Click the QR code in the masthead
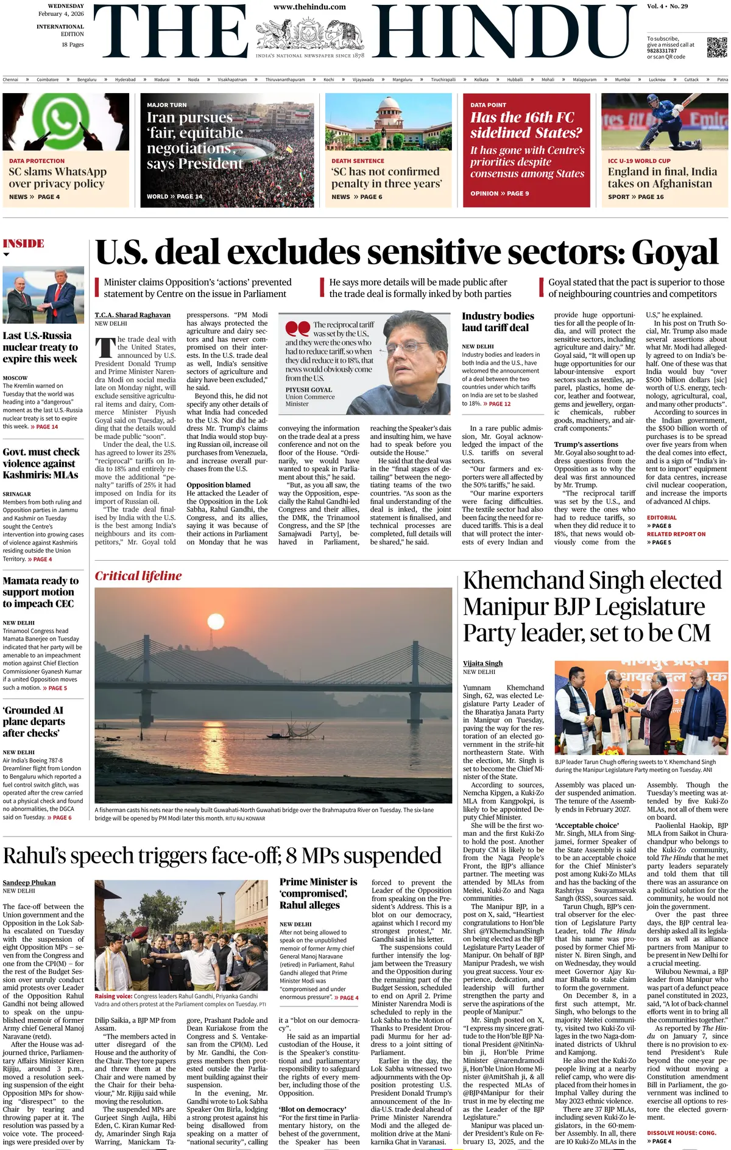[716, 47]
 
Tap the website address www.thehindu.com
[309, 7]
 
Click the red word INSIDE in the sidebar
[24, 244]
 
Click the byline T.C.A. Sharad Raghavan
[132, 315]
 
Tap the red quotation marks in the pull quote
[297, 329]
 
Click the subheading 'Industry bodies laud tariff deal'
[498, 321]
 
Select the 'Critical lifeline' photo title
[138, 576]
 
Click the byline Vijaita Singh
[482, 664]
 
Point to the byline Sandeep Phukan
[29, 883]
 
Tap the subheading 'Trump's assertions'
[586, 444]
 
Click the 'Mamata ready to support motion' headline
[40, 592]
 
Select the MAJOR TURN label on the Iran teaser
[166, 105]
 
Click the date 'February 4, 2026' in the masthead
[61, 13]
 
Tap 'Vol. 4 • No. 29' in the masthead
[667, 6]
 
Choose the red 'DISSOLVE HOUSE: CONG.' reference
[681, 1133]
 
